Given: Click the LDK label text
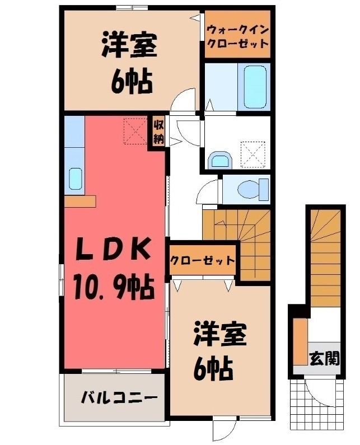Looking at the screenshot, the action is coord(113,250).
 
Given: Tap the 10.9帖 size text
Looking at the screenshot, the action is coord(114,288).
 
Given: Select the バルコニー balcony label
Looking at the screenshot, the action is coord(119,398).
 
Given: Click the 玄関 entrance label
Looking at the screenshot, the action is coord(325,358).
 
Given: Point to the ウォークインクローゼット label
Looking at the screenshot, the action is coord(237,36).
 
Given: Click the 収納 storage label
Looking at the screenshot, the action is coord(158,132).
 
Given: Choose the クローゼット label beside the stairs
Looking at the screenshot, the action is coord(203,260).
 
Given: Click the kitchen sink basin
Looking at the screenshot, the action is coord(75,179).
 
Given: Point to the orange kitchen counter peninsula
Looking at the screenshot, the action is coord(81,201).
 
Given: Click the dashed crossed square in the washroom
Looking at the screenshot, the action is coord(253,154).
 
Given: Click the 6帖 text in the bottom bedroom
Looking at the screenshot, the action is coord(213,369).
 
